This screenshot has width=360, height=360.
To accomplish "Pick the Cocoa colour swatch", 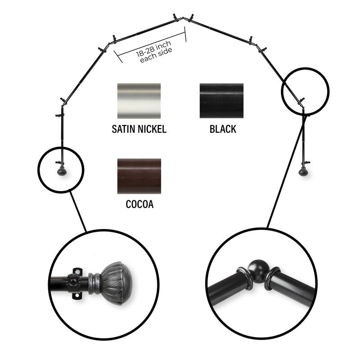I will pos(139,176).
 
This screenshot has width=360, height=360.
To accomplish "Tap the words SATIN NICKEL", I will pos(139,130).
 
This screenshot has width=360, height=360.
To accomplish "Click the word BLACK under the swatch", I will pos(222,130).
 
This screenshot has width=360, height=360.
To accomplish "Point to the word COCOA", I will pos(139,205).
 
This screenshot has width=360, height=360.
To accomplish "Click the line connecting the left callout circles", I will pos(78,211).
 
